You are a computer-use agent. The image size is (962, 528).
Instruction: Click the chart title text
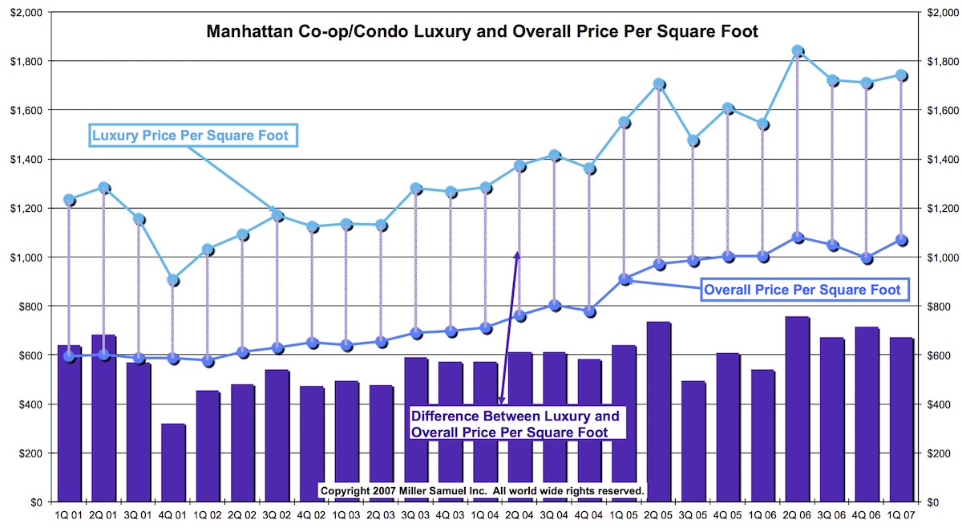pyautogui.click(x=483, y=32)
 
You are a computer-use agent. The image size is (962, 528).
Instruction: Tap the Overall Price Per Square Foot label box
pyautogui.click(x=802, y=290)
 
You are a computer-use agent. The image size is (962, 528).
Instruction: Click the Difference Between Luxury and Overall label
pyautogui.click(x=515, y=424)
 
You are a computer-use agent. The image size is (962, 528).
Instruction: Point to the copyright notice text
pyautogui.click(x=481, y=489)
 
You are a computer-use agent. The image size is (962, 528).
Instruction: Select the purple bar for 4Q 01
pyautogui.click(x=173, y=462)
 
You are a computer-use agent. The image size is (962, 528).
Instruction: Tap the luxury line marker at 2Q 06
pyautogui.click(x=798, y=51)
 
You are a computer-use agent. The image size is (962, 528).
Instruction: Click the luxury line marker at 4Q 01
pyautogui.click(x=173, y=280)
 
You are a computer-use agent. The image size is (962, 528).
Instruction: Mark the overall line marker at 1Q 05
pyautogui.click(x=624, y=279)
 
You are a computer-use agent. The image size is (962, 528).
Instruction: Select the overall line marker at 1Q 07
pyautogui.click(x=901, y=240)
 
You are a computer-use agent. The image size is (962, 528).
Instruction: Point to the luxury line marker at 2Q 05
pyautogui.click(x=659, y=84)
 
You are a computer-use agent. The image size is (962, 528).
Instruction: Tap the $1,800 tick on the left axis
pyautogui.click(x=29, y=61)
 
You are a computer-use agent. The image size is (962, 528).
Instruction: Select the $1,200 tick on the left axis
pyautogui.click(x=29, y=209)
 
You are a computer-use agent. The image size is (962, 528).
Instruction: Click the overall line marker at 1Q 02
pyautogui.click(x=208, y=361)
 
